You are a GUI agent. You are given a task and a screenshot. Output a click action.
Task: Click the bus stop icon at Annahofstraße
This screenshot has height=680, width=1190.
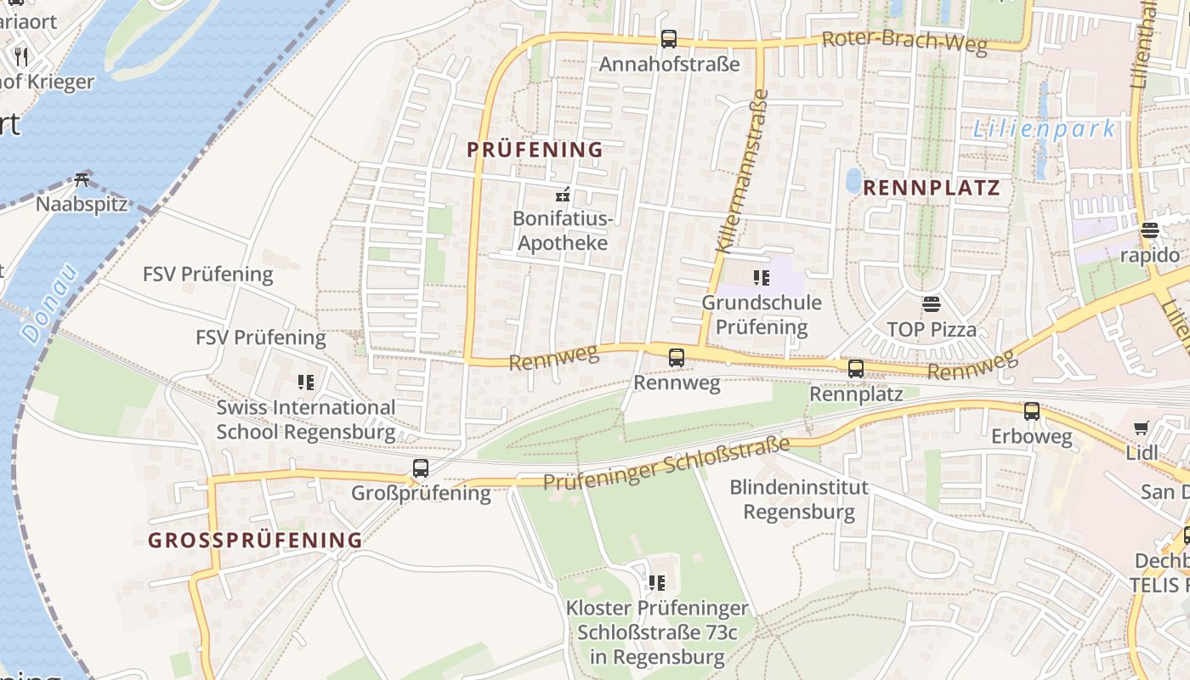[669, 39]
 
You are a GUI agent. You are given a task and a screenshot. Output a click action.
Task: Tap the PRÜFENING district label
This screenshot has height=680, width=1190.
[535, 150]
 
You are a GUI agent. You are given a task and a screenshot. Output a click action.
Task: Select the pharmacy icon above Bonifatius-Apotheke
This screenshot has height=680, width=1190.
[561, 195]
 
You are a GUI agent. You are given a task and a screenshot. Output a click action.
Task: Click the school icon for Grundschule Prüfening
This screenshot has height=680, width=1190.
[761, 277]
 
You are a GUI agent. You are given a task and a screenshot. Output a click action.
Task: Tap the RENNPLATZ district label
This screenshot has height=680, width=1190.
[931, 189]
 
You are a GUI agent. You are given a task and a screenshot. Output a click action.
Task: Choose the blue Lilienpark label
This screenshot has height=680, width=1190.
[1044, 130]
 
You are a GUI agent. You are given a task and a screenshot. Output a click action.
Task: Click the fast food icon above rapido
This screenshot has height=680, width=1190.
[1150, 230]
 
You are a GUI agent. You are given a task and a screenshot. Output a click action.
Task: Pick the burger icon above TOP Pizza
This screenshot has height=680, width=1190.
[932, 304]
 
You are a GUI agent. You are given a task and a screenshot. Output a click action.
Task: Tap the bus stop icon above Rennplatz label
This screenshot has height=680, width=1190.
[856, 369]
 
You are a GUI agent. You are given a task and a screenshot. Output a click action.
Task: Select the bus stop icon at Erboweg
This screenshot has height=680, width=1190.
[1032, 411]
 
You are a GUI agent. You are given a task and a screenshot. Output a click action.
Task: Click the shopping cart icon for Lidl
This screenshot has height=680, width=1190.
[1141, 428]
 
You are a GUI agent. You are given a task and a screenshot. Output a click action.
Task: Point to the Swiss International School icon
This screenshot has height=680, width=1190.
[306, 382]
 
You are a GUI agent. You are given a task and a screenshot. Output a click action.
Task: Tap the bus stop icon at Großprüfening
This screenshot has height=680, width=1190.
[421, 468]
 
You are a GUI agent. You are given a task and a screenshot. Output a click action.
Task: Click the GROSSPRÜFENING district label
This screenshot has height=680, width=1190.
[255, 541]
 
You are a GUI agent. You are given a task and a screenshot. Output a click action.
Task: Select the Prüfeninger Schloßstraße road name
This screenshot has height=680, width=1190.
[666, 464]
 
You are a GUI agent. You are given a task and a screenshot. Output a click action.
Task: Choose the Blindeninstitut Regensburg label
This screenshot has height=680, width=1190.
[799, 500]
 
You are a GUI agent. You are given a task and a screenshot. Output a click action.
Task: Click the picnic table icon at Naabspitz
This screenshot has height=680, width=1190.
[82, 179]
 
